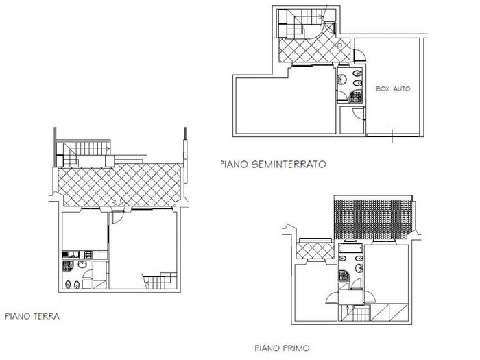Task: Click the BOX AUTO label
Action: (x=393, y=89)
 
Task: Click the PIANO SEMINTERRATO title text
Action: (x=272, y=164)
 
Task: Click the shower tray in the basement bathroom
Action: (x=356, y=97)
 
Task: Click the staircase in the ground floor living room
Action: (x=158, y=279)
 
